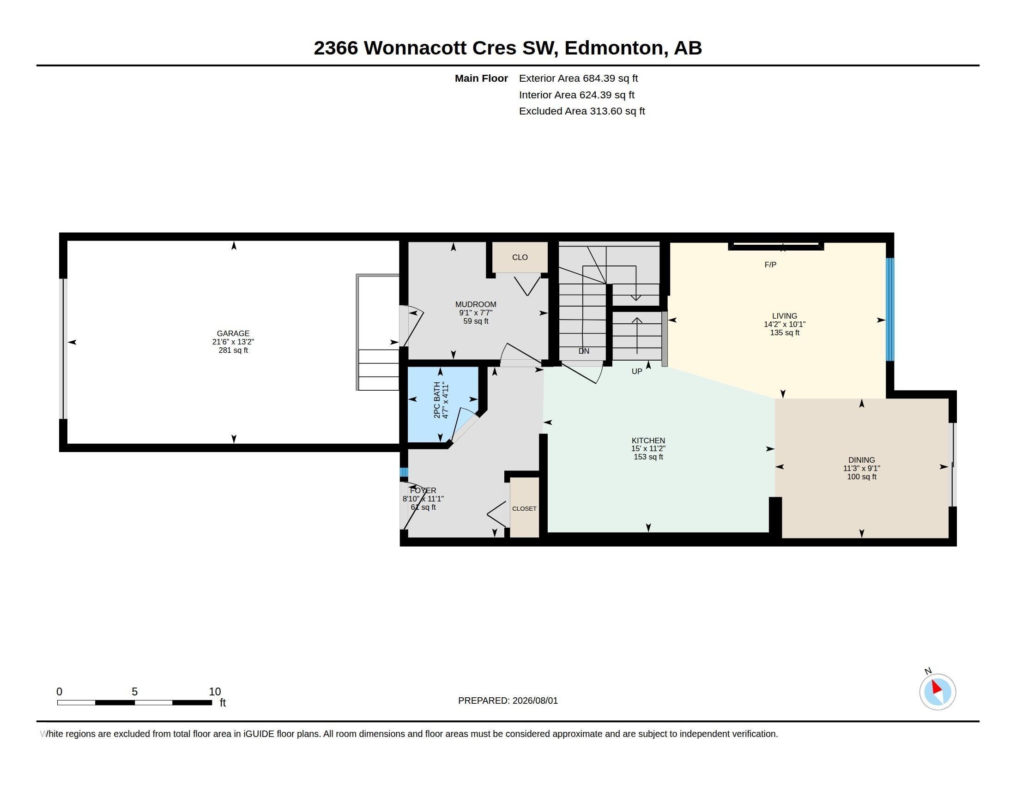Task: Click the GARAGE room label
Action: click(233, 333)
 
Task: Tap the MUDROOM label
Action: click(475, 305)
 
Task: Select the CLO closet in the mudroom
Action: click(520, 257)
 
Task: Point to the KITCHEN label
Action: click(648, 441)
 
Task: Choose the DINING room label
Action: click(862, 460)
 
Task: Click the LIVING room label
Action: click(784, 316)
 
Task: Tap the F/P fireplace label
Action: click(770, 265)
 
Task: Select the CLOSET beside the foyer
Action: click(524, 507)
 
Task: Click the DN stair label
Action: click(584, 351)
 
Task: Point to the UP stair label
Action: click(637, 371)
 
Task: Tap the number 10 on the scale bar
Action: click(215, 692)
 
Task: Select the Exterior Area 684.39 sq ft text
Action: click(578, 78)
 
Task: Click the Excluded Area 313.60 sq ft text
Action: click(582, 111)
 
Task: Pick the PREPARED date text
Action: click(508, 700)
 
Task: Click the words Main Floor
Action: click(481, 78)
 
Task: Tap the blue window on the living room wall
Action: click(890, 309)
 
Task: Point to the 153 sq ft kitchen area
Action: click(648, 457)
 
